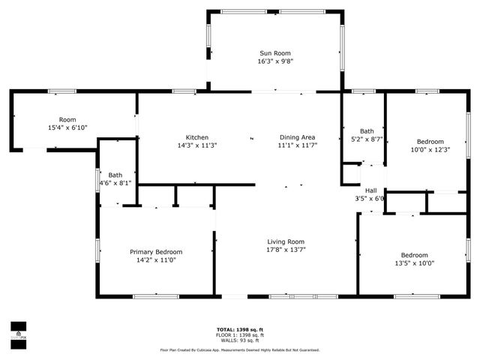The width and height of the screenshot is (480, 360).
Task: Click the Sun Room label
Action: [275, 53]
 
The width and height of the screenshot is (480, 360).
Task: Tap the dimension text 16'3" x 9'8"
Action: [275, 62]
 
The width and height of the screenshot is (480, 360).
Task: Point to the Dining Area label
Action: [297, 137]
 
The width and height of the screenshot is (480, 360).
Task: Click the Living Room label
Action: [286, 241]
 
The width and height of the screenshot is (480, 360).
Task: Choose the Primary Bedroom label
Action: [156, 252]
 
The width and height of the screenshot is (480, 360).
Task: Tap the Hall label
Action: [370, 190]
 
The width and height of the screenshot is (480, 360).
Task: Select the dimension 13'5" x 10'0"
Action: [414, 263]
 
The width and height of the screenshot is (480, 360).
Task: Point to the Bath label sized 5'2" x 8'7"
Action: [367, 130]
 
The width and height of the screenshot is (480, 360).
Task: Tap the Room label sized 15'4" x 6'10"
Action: [67, 120]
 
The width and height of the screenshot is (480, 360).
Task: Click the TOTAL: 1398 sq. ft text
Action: [240, 329]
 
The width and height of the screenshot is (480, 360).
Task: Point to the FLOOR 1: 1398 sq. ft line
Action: [240, 335]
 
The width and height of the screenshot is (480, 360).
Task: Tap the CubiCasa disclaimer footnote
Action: [240, 349]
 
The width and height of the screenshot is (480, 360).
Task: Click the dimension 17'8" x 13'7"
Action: [286, 250]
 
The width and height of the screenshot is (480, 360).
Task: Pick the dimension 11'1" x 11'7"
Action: [297, 145]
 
